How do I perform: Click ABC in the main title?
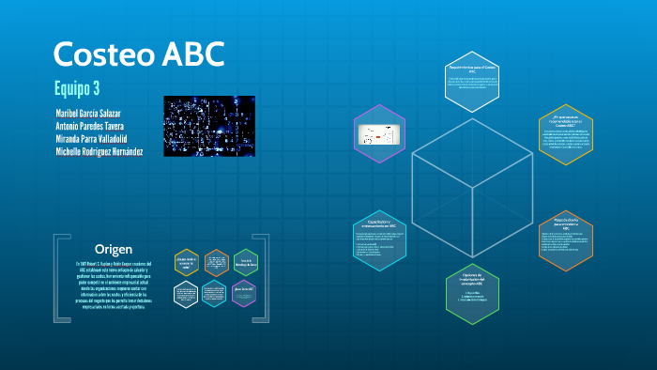point(192,54)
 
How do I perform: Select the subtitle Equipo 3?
point(77,90)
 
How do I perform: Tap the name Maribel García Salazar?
point(96,114)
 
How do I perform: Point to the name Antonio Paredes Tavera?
point(96,126)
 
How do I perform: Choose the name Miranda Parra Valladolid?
point(98,138)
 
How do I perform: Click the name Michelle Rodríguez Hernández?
point(99,151)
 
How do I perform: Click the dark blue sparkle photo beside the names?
point(209,125)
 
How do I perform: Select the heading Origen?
point(115,249)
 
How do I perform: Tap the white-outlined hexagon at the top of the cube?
point(473,81)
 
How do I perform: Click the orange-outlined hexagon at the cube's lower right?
point(566,241)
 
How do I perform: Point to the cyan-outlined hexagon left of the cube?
point(379,241)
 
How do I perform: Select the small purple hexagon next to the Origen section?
point(244,292)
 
